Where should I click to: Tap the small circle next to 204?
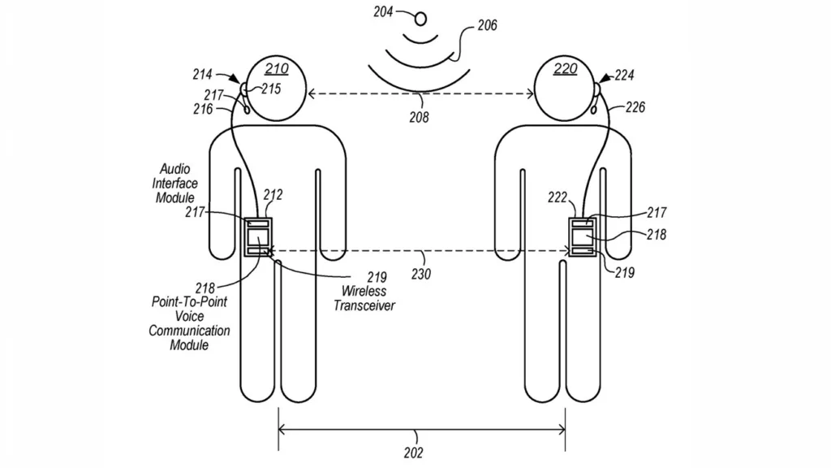coord(420,15)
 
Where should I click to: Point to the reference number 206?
coord(486,27)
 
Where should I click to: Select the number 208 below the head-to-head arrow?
coord(420,117)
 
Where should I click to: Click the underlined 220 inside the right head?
coord(565,69)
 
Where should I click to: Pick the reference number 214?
coord(204,75)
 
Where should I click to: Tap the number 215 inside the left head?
coord(271,89)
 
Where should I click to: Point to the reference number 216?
coord(204,109)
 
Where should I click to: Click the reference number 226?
coord(635,106)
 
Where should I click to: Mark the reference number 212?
coord(273,195)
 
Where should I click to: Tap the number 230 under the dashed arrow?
coord(420,274)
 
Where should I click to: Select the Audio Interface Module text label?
coord(175,184)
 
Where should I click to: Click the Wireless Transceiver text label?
coord(364,298)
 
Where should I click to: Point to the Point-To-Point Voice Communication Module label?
coord(191,323)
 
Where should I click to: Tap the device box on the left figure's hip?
coord(258,238)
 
